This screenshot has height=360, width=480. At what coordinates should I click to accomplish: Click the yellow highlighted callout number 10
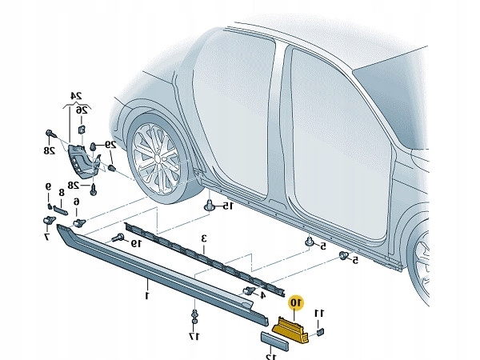pyautogui.click(x=296, y=302)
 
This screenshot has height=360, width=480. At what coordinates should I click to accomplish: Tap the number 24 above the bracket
pyautogui.click(x=78, y=96)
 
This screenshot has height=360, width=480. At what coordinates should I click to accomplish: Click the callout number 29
pyautogui.click(x=110, y=145)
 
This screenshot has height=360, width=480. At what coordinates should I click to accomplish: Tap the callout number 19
pyautogui.click(x=136, y=242)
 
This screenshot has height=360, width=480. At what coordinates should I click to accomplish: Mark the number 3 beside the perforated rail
pyautogui.click(x=204, y=238)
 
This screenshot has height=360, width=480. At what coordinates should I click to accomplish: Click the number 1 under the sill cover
pyautogui.click(x=147, y=295)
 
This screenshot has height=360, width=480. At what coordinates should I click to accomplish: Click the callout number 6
pyautogui.click(x=78, y=202)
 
